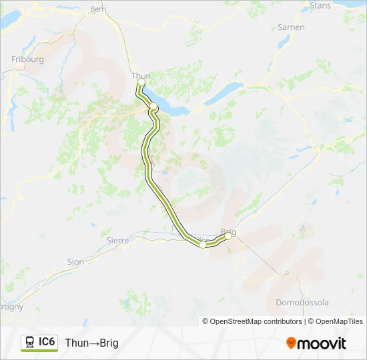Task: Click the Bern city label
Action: pos(98,9)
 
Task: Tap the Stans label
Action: pos(320,5)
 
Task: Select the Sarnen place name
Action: pos(291,27)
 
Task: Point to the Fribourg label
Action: pos(27,59)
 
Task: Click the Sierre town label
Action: pos(117,240)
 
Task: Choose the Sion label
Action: pos(75,262)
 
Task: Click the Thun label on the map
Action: pos(140,75)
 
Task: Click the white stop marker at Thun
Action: pos(141,83)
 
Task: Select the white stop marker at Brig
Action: pos(228,236)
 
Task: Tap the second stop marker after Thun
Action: pos(153,106)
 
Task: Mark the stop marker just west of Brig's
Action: pos(203,245)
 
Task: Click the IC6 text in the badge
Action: pos(47,342)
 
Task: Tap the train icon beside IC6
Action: pos(29,343)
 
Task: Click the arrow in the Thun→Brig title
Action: pos(93,343)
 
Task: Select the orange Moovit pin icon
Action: pos(291,343)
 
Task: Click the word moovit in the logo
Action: pos(322,343)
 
